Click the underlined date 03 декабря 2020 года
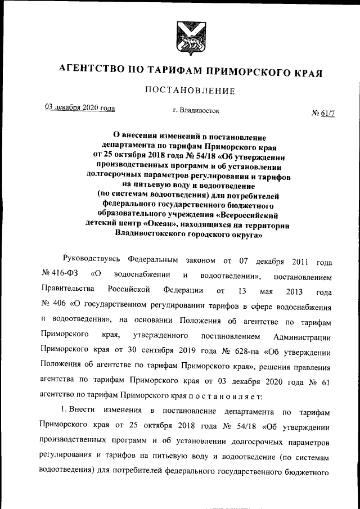80,108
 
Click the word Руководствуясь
92,262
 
